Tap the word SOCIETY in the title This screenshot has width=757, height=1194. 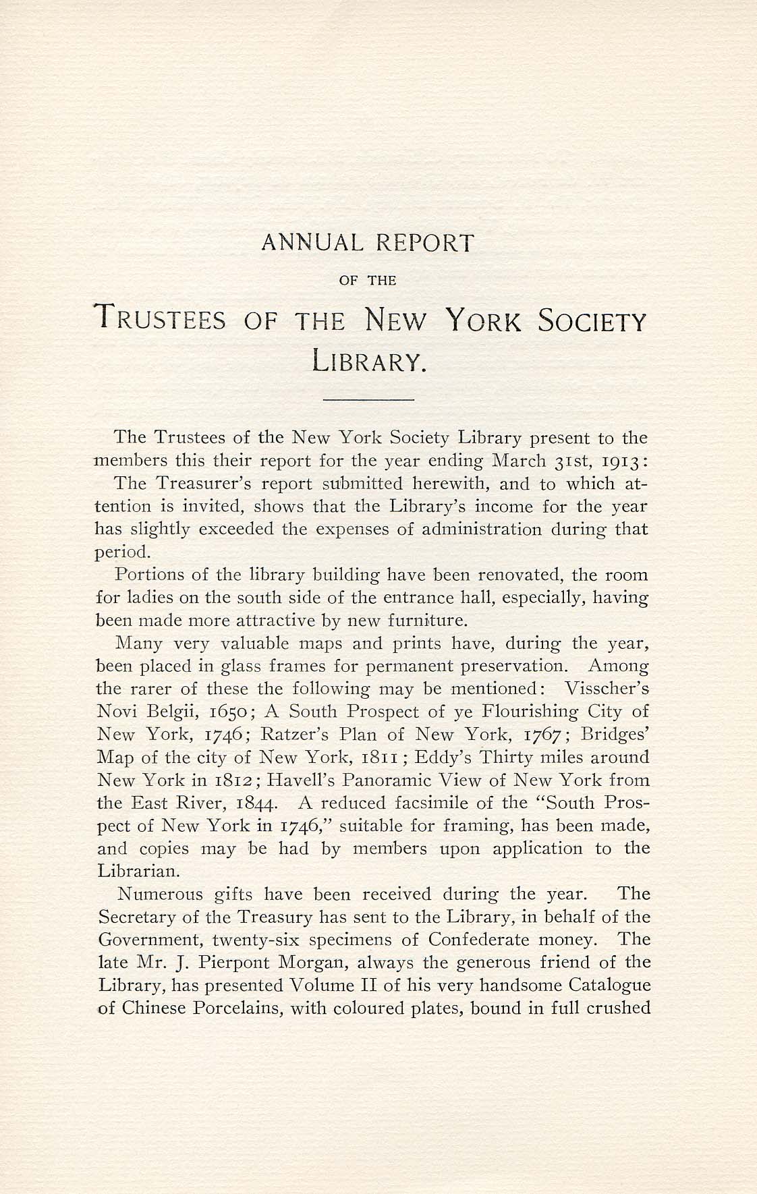[591, 320]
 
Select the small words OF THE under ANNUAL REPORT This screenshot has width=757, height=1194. [366, 281]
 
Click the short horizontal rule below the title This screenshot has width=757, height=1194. [368, 401]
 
